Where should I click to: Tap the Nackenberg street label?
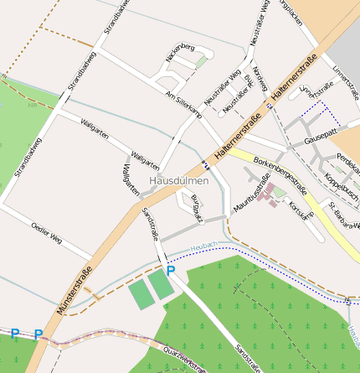click(180, 52)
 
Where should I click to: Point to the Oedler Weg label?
click(46, 232)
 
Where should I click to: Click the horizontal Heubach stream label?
click(203, 246)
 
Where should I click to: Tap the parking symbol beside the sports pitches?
click(171, 270)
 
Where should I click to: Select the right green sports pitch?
click(161, 286)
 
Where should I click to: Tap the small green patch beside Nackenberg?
click(201, 63)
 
